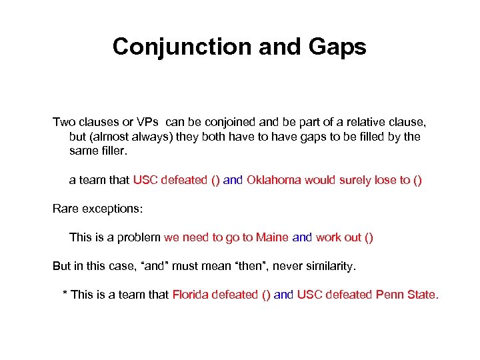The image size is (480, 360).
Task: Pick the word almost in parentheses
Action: pos(112,137)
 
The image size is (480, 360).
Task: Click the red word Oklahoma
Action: pos(274,180)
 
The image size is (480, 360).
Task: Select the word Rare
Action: pos(65,209)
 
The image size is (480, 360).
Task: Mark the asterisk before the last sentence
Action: pos(65,293)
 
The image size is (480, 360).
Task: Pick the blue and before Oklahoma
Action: pos(233,180)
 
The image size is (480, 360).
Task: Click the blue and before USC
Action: pos(283,295)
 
